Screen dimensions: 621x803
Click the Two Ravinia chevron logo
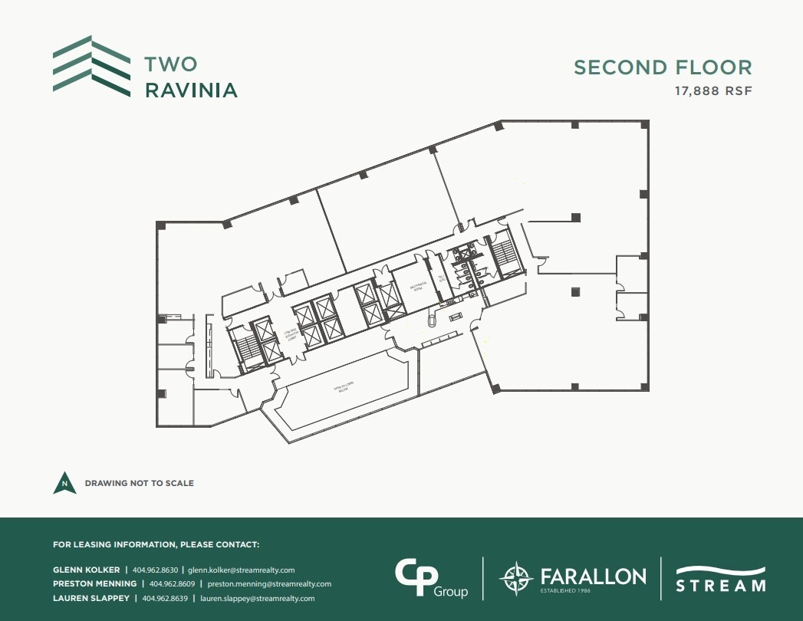(x=91, y=67)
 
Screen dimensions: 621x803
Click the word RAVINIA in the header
(x=191, y=90)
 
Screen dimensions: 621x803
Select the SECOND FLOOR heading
(x=663, y=67)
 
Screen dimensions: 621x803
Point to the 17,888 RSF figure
(x=713, y=91)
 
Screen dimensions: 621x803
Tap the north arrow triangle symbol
(x=64, y=482)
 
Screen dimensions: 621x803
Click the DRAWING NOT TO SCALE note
(x=139, y=484)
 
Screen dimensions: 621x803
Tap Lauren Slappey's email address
(x=257, y=598)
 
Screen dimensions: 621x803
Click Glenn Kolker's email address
(x=241, y=570)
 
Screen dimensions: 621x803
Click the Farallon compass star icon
(x=515, y=578)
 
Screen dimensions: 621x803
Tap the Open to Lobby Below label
(x=342, y=391)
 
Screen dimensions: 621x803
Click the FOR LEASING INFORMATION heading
(x=156, y=544)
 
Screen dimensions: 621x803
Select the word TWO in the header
(x=171, y=64)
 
